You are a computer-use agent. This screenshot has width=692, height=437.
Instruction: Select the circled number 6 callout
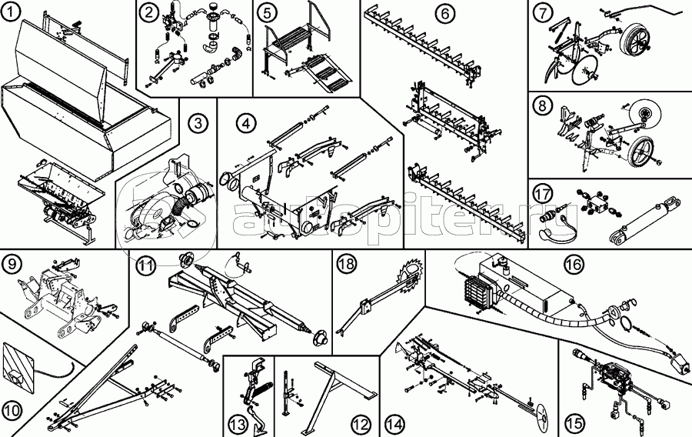[x=444, y=14]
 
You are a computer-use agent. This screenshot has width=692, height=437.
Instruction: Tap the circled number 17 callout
[x=542, y=193]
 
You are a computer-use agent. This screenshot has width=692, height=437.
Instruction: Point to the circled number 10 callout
[x=12, y=411]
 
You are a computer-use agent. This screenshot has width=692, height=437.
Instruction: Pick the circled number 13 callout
[x=238, y=425]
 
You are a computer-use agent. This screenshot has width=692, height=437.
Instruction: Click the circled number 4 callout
[x=246, y=124]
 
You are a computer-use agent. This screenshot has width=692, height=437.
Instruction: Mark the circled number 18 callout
[x=346, y=264]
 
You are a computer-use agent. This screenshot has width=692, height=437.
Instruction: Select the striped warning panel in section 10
[x=18, y=367]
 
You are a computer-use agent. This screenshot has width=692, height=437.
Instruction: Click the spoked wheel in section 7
[x=634, y=42]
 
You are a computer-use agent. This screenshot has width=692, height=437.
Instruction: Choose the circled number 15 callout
[x=574, y=424]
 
